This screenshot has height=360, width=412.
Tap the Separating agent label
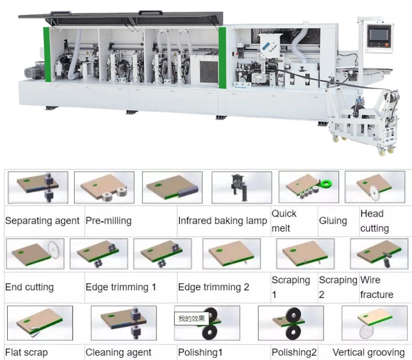pos(42,221)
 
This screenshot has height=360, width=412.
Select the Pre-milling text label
pos(109,221)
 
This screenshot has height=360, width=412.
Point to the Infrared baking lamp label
pos(222,221)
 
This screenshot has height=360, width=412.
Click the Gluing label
pos(333,221)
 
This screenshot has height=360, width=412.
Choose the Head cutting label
pos(375,221)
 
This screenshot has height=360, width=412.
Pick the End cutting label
pos(30,287)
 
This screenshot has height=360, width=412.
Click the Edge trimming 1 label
pos(121,287)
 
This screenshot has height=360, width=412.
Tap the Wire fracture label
pos(376,287)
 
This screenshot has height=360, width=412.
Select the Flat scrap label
pos(26,352)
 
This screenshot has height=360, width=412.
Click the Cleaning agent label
pos(118,352)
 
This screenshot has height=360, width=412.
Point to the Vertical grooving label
pos(369,352)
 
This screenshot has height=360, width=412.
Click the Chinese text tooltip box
pos(192,318)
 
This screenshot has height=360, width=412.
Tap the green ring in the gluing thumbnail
pos(326,183)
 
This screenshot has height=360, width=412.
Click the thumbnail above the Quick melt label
pos(242,187)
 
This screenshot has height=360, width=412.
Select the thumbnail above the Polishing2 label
pos(291,323)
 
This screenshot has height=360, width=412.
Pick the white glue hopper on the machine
pos(270,45)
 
